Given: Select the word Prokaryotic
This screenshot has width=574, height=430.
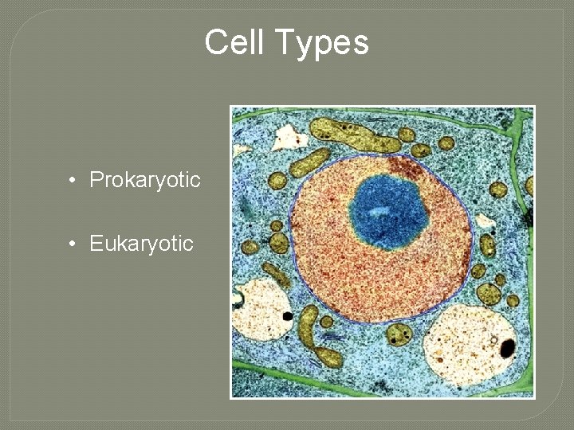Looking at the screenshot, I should tap(144, 180).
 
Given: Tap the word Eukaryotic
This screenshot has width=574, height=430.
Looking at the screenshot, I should tap(141, 244).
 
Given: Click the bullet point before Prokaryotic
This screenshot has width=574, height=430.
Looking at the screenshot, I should tap(72, 181).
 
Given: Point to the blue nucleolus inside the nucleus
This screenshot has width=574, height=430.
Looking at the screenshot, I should tap(388, 211).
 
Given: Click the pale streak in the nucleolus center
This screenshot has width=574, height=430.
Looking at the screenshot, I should tap(382, 213).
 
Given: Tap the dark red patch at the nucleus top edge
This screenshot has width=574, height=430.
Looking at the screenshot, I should tap(407, 166).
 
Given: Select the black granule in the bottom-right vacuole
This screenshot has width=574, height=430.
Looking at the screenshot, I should tap(506, 347).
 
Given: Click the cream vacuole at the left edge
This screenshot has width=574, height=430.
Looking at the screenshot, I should tap(261, 307).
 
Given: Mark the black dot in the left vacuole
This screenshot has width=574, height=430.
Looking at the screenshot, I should tap(287, 316).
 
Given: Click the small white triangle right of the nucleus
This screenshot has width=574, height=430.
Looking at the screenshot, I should tap(484, 221).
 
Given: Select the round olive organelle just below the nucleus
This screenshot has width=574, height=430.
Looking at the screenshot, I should tap(399, 333).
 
